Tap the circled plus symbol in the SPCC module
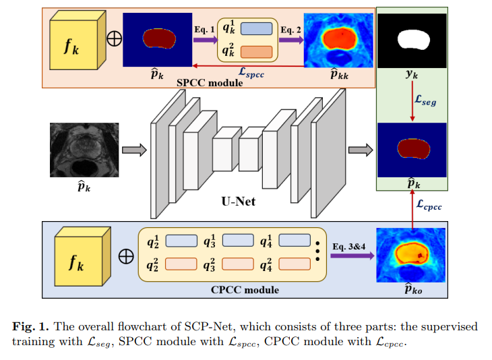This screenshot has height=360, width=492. [115, 39]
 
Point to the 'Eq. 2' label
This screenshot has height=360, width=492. [291, 29]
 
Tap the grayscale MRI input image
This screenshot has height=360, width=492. [84, 150]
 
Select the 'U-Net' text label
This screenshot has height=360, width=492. [239, 201]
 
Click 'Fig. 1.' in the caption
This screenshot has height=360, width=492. [32, 326]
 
